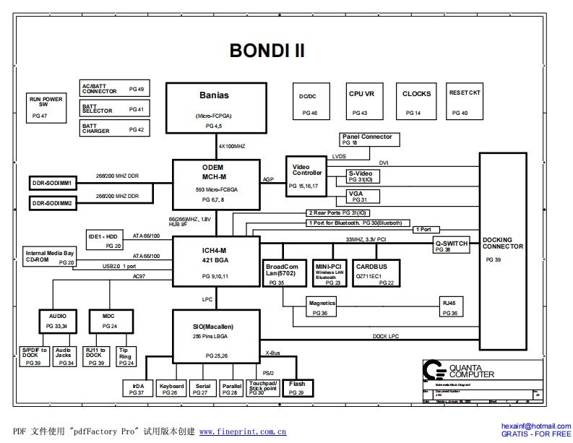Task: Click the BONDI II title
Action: point(267,51)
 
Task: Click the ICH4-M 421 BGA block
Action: point(215,262)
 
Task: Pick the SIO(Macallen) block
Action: point(215,337)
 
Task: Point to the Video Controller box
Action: point(306,176)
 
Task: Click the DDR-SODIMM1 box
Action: point(52,183)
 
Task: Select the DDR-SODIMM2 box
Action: point(52,204)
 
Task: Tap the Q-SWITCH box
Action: point(452,246)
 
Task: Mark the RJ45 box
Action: point(449,309)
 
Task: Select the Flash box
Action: point(296,388)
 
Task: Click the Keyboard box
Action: point(171,389)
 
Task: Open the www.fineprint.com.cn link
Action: point(242,431)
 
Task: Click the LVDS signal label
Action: point(339,156)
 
